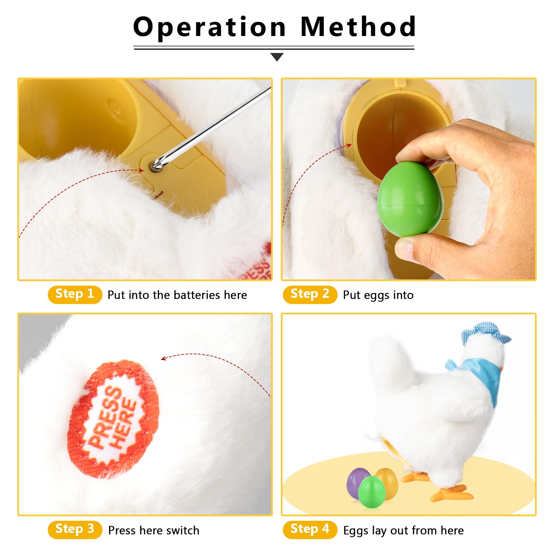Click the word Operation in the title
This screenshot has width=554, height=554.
click(x=209, y=27)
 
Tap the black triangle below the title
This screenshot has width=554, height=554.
click(x=277, y=57)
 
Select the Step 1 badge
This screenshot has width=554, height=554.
click(x=75, y=295)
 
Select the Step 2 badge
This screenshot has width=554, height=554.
click(x=310, y=295)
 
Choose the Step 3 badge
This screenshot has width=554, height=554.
click(x=75, y=530)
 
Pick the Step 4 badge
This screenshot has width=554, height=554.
click(x=310, y=530)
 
